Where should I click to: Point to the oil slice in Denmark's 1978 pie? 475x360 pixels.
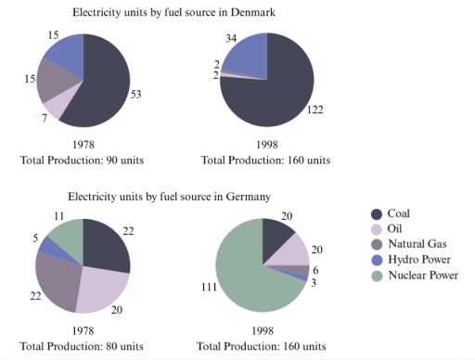pyautogui.click(x=55, y=106)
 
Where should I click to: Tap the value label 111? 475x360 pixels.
pyautogui.click(x=202, y=289)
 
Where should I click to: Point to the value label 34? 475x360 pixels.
pyautogui.click(x=231, y=38)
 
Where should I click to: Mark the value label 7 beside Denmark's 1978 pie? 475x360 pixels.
pyautogui.click(x=45, y=118)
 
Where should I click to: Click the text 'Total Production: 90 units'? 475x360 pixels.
pyautogui.click(x=83, y=160)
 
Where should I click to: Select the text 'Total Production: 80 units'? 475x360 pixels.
pyautogui.click(x=83, y=345)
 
